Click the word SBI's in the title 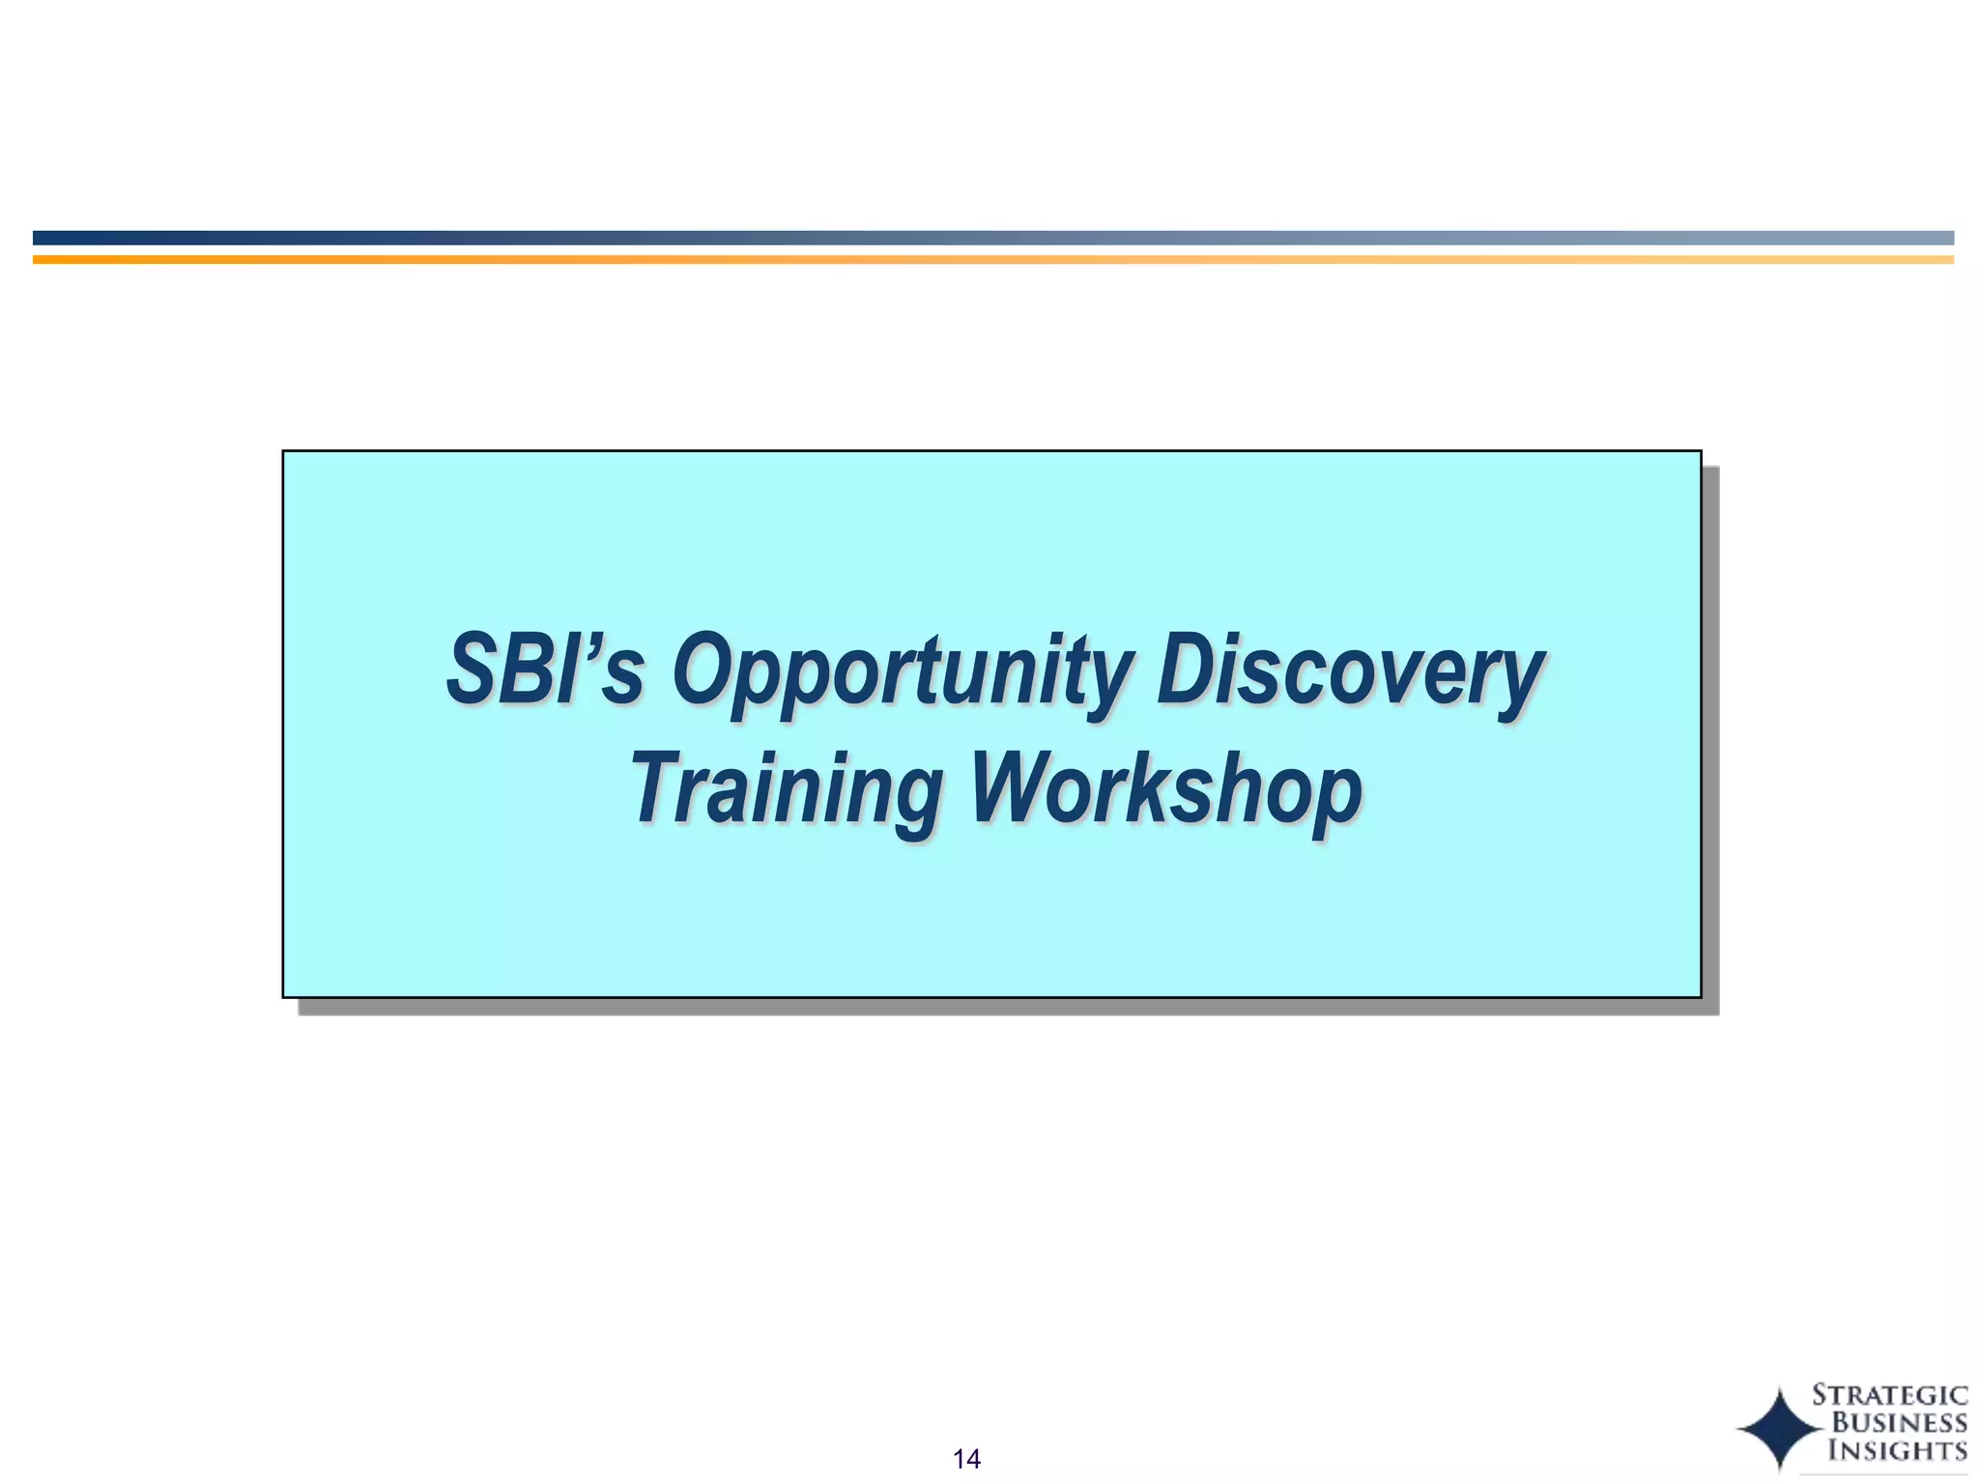(544, 670)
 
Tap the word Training (787, 789)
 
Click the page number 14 (966, 1459)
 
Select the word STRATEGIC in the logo (1889, 1395)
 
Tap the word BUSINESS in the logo (1899, 1422)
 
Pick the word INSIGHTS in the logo (1897, 1450)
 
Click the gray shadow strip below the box (1005, 1007)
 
